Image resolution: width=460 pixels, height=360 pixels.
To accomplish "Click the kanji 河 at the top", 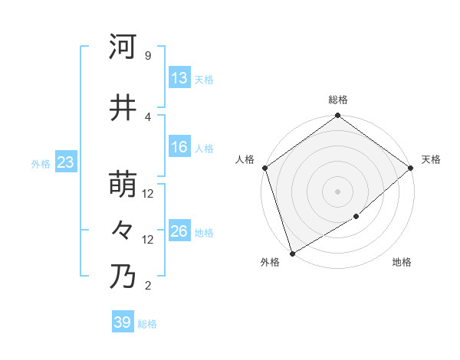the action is click(123, 47).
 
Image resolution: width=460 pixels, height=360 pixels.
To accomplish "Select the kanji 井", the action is click(123, 108).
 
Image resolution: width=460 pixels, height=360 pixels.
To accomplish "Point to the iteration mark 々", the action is click(123, 230).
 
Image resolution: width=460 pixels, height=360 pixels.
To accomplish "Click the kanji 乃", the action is click(123, 277).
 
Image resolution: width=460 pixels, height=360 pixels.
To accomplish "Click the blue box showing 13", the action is click(179, 78).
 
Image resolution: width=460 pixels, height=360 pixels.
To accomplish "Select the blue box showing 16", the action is click(179, 147).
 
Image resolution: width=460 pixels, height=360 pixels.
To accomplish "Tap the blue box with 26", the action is click(179, 231).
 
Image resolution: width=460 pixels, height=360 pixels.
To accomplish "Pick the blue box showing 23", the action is click(65, 162).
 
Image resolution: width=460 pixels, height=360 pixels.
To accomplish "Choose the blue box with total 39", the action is click(123, 322).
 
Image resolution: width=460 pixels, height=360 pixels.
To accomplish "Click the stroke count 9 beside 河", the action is click(147, 56).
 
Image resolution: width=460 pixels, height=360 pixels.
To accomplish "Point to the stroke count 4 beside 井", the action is click(147, 116).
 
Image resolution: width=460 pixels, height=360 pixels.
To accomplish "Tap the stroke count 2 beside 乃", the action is click(147, 286).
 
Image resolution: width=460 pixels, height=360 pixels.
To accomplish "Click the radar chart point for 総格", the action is click(337, 116).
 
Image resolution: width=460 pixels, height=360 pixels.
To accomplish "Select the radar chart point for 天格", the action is click(410, 168).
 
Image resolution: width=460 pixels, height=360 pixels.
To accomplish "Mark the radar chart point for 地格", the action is click(356, 218).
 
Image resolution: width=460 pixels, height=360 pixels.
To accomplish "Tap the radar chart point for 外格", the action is click(292, 254).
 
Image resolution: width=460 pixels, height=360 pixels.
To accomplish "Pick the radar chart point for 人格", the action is click(264, 168).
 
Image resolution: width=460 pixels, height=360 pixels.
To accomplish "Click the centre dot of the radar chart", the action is click(337, 191).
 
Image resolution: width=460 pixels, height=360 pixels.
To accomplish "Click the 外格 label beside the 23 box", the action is click(40, 163).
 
